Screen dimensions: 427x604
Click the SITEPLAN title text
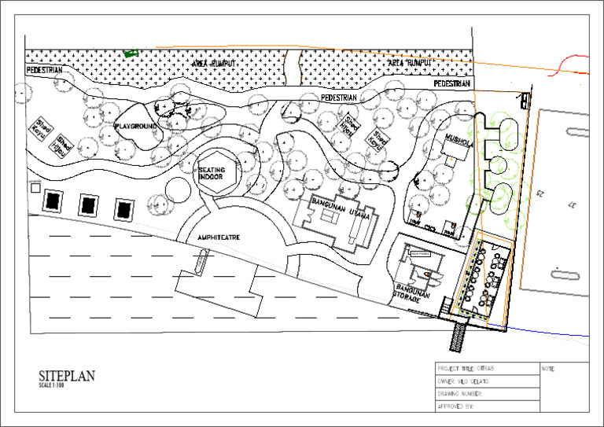click(x=67, y=376)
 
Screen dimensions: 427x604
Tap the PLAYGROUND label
click(x=136, y=126)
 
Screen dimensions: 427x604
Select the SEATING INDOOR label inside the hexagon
click(x=211, y=173)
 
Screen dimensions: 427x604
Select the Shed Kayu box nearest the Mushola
click(x=381, y=139)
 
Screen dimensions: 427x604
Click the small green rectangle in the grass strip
click(x=130, y=53)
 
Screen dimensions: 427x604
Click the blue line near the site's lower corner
click(x=551, y=331)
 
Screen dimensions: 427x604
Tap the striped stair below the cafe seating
click(x=459, y=337)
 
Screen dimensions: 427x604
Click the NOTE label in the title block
click(x=549, y=368)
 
